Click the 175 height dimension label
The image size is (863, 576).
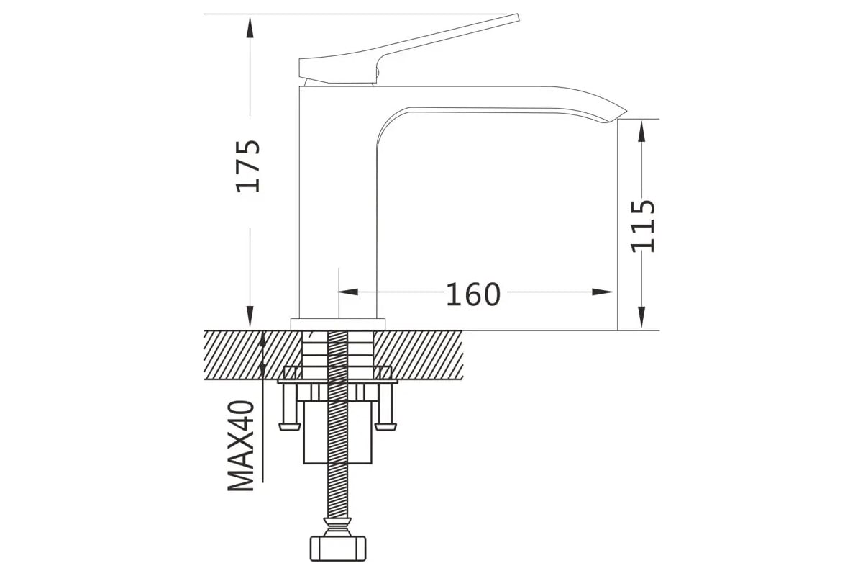click(248, 166)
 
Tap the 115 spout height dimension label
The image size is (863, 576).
click(642, 226)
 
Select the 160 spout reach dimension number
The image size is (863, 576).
click(473, 294)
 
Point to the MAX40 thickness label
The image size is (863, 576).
click(242, 446)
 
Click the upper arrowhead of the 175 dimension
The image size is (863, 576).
click(250, 27)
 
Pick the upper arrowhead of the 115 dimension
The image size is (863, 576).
click(641, 131)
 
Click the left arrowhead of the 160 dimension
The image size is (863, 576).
click(348, 292)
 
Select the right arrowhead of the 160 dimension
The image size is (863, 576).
click(603, 292)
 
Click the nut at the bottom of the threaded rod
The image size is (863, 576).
click(338, 549)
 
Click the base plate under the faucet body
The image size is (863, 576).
click(338, 325)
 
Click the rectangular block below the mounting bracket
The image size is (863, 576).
click(338, 433)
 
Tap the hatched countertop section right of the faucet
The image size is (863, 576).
click(418, 355)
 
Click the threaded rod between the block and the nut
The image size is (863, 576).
click(338, 491)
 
